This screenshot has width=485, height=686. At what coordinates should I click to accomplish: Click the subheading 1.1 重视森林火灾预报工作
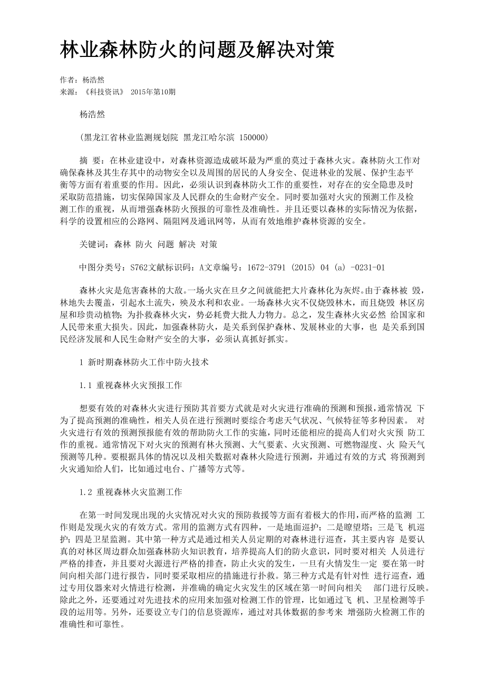[x=131, y=385]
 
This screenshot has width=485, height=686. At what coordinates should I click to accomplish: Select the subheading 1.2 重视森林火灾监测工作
[x=131, y=492]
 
